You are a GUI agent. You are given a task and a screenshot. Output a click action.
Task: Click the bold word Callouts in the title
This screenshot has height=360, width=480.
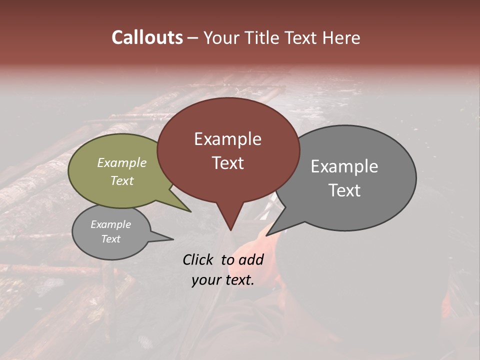point(147,38)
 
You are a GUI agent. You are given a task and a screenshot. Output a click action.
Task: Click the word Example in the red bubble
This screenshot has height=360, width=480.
point(227,139)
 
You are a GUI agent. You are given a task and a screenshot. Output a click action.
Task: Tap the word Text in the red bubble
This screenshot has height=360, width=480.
point(228,163)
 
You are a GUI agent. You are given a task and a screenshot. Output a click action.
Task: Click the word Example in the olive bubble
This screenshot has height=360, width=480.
point(122,163)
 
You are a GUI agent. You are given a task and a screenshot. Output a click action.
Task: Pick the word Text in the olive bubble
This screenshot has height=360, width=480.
point(122,180)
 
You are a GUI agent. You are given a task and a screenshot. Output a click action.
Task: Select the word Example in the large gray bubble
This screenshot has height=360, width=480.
point(344,166)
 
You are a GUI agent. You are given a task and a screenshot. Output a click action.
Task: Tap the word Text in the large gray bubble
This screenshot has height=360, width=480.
point(344,190)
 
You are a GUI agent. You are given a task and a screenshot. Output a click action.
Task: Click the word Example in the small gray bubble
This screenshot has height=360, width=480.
point(110,224)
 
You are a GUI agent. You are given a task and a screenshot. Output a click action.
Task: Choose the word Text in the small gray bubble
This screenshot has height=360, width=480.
point(110,239)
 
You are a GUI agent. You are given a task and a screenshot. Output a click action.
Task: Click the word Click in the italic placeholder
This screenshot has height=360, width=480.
point(198,259)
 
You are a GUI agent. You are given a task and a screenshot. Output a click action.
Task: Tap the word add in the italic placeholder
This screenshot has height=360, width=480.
point(251,259)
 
